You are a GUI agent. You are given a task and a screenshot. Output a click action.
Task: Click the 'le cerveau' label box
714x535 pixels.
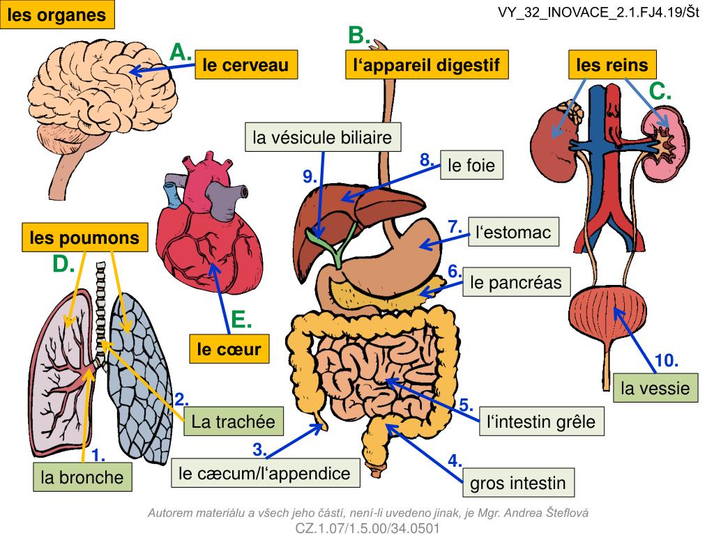pos(246,65)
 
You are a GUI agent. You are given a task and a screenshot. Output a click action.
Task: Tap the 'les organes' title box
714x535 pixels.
pos(58,15)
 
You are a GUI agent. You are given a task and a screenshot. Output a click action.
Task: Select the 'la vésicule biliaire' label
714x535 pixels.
pos(323,137)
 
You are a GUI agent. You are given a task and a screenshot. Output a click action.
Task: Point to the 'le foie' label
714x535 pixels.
pos(471,166)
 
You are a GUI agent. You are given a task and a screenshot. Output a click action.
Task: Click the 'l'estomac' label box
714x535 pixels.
pos(514,232)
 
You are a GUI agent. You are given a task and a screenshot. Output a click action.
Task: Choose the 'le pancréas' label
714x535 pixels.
pos(515,282)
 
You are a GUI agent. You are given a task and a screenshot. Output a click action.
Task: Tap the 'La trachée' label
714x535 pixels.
pos(234,421)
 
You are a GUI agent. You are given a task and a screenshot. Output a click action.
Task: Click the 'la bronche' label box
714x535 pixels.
pos(82,477)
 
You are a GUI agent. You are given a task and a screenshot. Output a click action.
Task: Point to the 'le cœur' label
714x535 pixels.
pos(229,349)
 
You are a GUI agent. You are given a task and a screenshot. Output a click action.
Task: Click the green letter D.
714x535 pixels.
pos(63,265)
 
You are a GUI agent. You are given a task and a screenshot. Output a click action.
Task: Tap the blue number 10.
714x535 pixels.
pos(667,361)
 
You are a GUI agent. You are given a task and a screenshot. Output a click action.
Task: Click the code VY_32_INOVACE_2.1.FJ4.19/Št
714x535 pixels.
pos(598,13)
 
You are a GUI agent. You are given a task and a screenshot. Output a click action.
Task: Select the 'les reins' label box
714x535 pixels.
pos(612,65)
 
